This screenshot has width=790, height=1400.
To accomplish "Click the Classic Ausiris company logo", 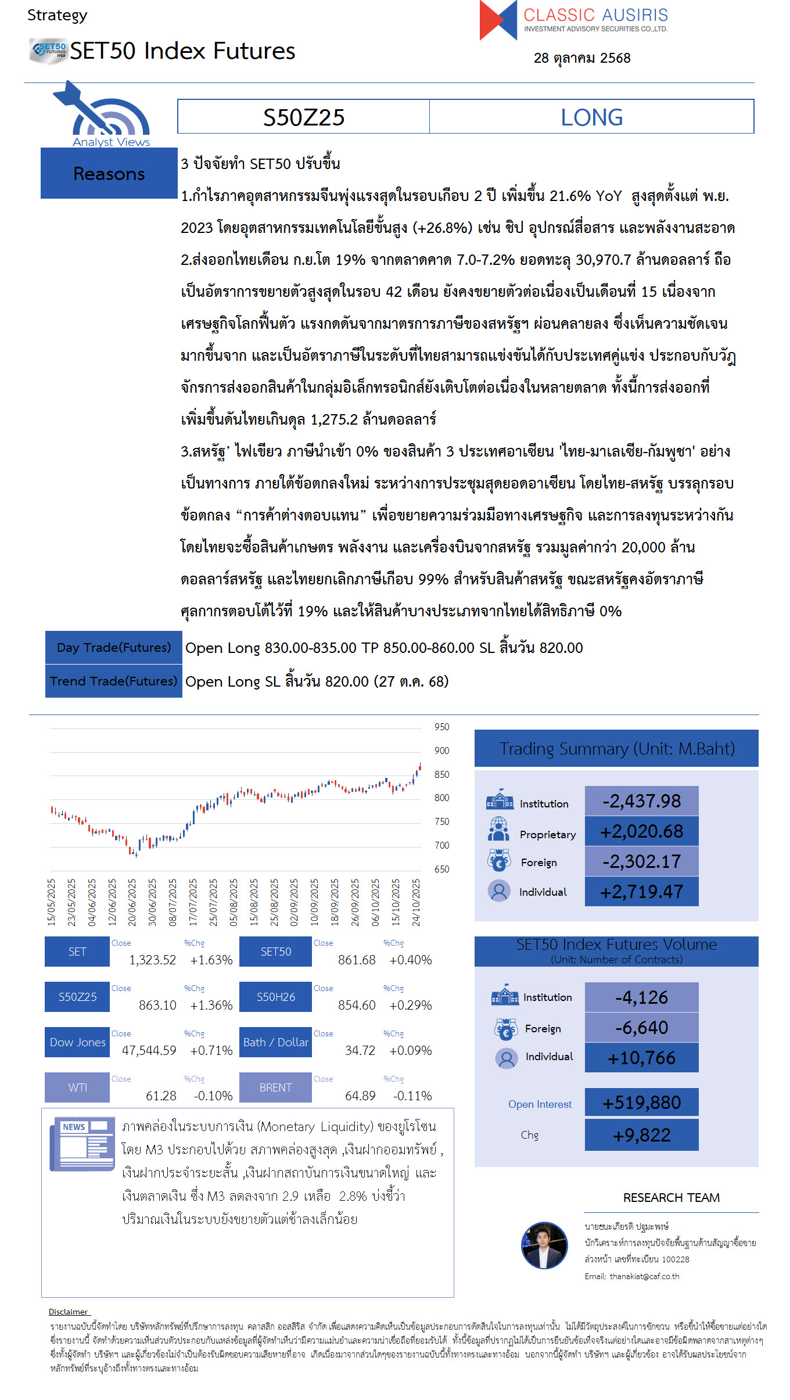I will pos(573,20).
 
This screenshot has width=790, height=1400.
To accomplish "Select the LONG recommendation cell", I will pos(591,117).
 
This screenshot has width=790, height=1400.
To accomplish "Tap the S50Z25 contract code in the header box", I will pos(304,117).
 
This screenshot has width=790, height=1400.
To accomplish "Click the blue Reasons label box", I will pos(109,174).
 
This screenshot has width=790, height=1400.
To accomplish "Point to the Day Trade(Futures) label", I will pos(114,647).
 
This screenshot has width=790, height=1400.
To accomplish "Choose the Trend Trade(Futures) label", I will pos(114,681).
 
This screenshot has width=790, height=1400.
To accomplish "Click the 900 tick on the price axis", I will pos(441,751).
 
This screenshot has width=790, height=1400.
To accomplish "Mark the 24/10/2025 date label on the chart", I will pos(416,902).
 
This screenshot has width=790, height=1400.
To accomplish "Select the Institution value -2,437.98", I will pos(641,801).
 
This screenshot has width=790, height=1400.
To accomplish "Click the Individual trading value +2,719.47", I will pos(641,892).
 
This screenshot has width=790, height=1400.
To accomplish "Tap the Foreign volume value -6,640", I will pos(641,1028).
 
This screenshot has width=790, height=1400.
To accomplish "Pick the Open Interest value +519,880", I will pos(641,1103).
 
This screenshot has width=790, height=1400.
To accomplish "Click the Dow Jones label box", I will pos(77,1042).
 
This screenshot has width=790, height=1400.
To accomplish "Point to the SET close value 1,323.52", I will pos(152,960).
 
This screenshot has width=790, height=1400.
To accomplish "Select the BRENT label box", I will pos(275,1087).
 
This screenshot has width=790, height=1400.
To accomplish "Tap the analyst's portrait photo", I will pos(544,1245).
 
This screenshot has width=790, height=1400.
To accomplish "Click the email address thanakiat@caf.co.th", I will pos(644,1276).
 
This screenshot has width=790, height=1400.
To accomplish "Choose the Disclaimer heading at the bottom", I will pos(69,1312).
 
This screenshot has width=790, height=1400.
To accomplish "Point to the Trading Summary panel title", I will pos(616,749).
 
